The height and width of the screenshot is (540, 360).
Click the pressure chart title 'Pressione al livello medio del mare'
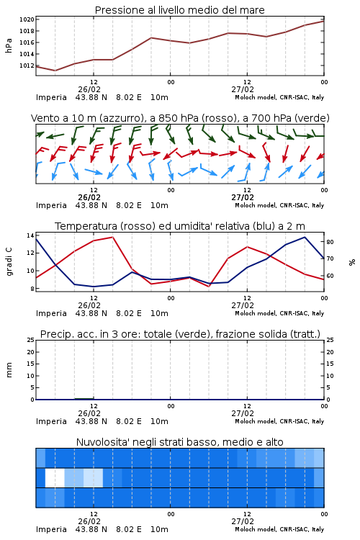(179, 10)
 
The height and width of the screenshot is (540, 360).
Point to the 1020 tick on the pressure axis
(27, 19)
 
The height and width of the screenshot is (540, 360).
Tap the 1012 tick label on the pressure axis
(27, 66)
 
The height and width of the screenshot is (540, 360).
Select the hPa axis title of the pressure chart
(9, 45)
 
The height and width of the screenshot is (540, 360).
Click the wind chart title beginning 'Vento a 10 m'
(180, 118)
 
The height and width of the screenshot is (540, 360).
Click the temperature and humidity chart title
(180, 226)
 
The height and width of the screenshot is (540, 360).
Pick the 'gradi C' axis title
(9, 261)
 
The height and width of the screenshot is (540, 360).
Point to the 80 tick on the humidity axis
(330, 242)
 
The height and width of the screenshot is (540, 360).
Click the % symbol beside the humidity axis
(352, 262)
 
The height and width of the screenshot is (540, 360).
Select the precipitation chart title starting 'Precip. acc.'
(180, 334)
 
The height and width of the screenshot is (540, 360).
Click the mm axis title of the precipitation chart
(9, 370)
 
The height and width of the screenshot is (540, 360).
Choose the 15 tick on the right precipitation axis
(330, 364)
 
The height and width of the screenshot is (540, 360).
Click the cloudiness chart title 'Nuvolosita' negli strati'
(179, 442)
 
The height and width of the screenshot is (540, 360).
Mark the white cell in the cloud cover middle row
(55, 477)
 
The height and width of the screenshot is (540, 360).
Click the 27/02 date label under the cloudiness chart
(243, 521)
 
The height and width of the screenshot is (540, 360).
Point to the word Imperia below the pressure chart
(51, 97)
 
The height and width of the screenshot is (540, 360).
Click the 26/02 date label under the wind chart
(89, 197)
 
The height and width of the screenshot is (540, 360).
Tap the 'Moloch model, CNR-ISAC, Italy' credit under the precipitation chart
(279, 421)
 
